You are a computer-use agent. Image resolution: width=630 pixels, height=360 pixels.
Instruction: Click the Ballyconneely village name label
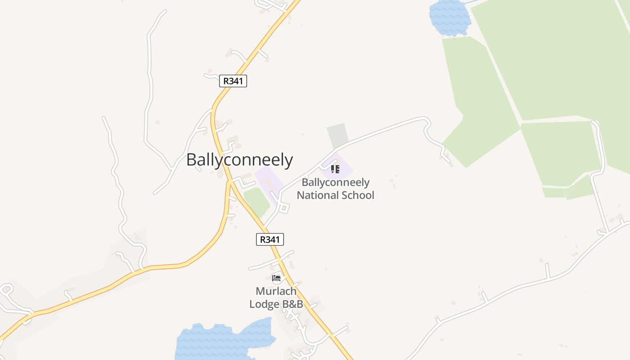pyautogui.click(x=239, y=160)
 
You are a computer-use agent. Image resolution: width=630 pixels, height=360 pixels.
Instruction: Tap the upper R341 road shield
pyautogui.click(x=233, y=81)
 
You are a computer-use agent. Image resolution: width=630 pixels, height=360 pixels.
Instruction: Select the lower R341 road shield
pyautogui.click(x=270, y=239)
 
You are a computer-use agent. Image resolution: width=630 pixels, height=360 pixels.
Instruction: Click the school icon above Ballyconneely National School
pyautogui.click(x=335, y=169)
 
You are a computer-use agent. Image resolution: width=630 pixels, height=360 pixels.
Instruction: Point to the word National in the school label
pyautogui.click(x=318, y=195)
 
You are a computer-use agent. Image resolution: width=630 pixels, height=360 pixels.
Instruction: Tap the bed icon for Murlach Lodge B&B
pyautogui.click(x=276, y=278)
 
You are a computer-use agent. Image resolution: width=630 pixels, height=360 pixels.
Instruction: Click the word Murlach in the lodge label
pyautogui.click(x=276, y=291)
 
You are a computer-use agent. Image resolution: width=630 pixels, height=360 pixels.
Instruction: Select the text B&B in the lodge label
pyautogui.click(x=292, y=304)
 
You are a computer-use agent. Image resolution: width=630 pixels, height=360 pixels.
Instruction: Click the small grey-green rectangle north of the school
pyautogui.click(x=337, y=135)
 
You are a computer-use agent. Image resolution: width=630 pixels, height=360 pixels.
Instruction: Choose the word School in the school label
pyautogui.click(x=358, y=195)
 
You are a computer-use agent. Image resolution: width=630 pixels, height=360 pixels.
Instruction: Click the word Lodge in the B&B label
pyautogui.click(x=265, y=304)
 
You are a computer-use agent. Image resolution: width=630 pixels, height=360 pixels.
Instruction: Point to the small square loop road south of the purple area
pyautogui.click(x=283, y=208)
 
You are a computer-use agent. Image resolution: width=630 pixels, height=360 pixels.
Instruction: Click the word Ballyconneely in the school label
pyautogui.click(x=335, y=183)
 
